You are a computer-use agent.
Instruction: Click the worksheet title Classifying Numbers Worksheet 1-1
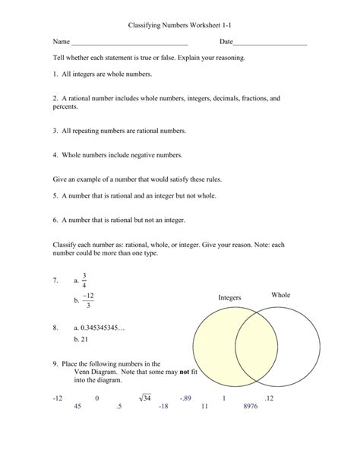coord(180,25)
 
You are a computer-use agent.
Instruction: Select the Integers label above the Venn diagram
coord(229,297)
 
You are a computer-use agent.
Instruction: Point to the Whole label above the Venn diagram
coord(280,294)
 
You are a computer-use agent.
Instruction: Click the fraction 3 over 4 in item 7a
coord(85,281)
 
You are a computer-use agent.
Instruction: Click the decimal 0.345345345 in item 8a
coord(102,328)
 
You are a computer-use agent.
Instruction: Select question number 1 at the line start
coord(55,74)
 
